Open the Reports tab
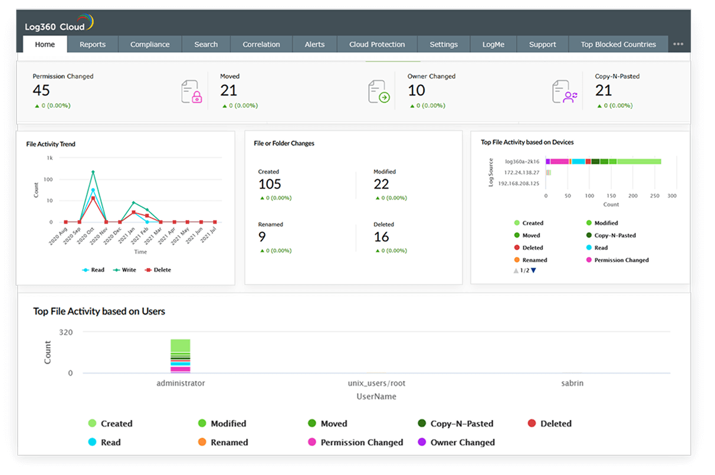[93, 44]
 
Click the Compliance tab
[150, 44]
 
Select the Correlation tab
[261, 44]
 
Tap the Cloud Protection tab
[377, 44]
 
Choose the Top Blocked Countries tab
[618, 44]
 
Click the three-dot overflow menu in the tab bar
[678, 44]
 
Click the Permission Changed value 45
[41, 91]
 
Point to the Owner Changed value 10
[416, 91]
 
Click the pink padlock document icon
[192, 93]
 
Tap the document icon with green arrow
[379, 93]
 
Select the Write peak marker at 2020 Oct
[93, 172]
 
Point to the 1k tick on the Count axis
[50, 158]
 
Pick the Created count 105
[270, 184]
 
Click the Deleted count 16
[382, 237]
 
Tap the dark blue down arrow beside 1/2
[533, 271]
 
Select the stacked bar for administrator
[181, 356]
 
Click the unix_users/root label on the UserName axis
[377, 383]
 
